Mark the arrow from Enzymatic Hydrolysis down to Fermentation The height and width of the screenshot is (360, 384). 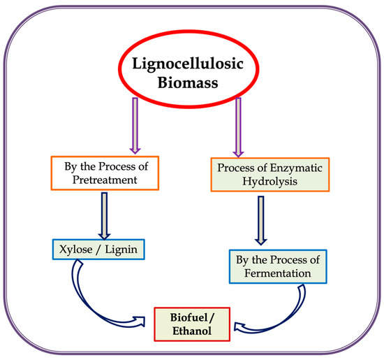260,220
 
